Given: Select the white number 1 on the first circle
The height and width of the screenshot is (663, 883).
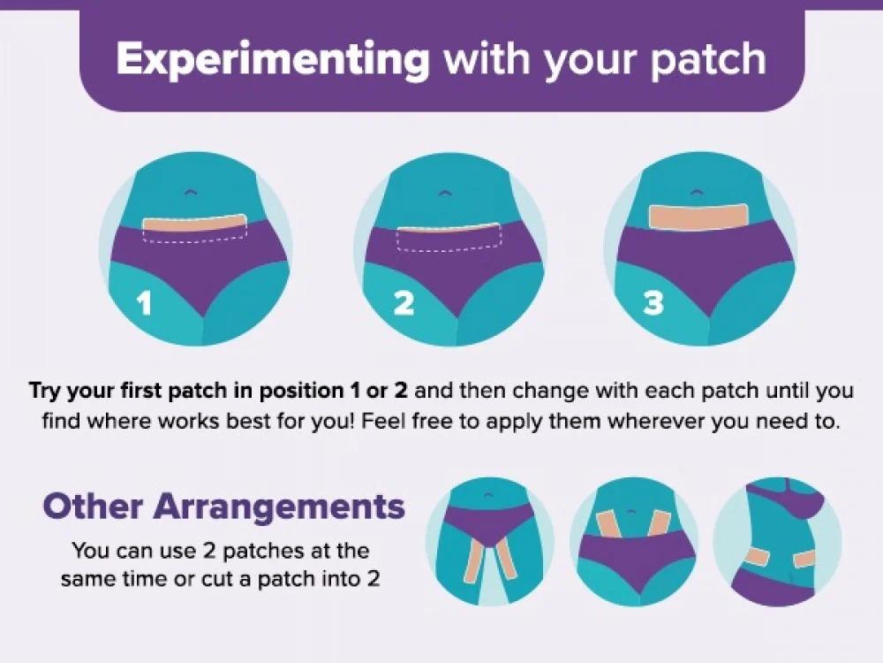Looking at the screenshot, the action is click(x=145, y=303).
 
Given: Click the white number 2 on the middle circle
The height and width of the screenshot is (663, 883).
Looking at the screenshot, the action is click(x=404, y=303).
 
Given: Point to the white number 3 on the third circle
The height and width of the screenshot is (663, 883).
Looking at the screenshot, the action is click(x=653, y=303).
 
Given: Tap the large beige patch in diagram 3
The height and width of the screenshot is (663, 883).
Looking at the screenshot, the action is click(x=698, y=217).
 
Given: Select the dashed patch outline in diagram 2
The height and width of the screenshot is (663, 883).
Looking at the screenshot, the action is click(x=449, y=237).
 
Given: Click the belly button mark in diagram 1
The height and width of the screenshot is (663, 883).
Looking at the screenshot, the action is click(x=191, y=193).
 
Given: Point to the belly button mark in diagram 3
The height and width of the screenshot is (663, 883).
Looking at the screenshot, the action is click(x=698, y=192).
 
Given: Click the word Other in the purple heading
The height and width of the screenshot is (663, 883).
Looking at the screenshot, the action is click(x=93, y=507).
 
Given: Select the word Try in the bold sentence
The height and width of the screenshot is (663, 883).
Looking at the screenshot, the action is click(x=45, y=392).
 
